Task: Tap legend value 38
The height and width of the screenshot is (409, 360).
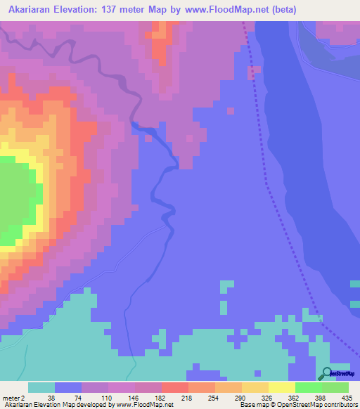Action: click(55, 397)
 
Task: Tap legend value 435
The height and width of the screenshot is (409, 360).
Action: click(346, 397)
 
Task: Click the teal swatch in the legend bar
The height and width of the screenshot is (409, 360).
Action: click(41, 387)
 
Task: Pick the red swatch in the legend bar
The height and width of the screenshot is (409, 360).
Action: click(175, 387)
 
